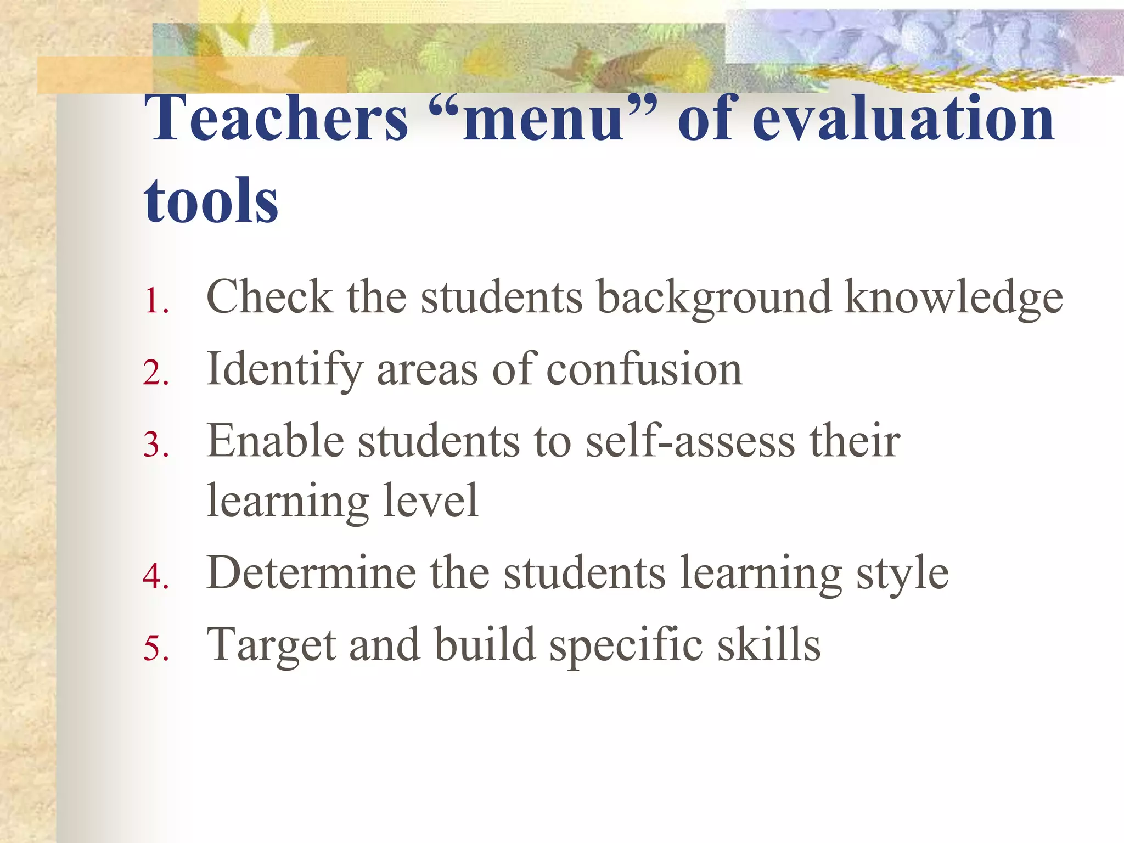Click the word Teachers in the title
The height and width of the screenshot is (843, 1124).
click(x=277, y=118)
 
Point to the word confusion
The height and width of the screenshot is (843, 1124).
click(x=644, y=369)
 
